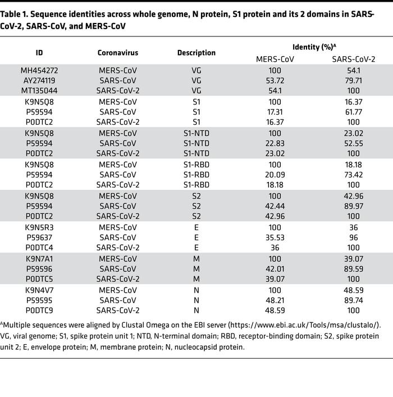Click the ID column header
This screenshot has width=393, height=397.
tap(39, 53)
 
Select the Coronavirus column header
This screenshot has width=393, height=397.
tap(117, 53)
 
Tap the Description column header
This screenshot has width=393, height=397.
tap(196, 53)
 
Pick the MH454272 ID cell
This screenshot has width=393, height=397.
tap(39, 71)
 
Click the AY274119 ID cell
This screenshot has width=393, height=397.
tap(39, 80)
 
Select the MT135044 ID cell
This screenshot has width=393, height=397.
tap(39, 90)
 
